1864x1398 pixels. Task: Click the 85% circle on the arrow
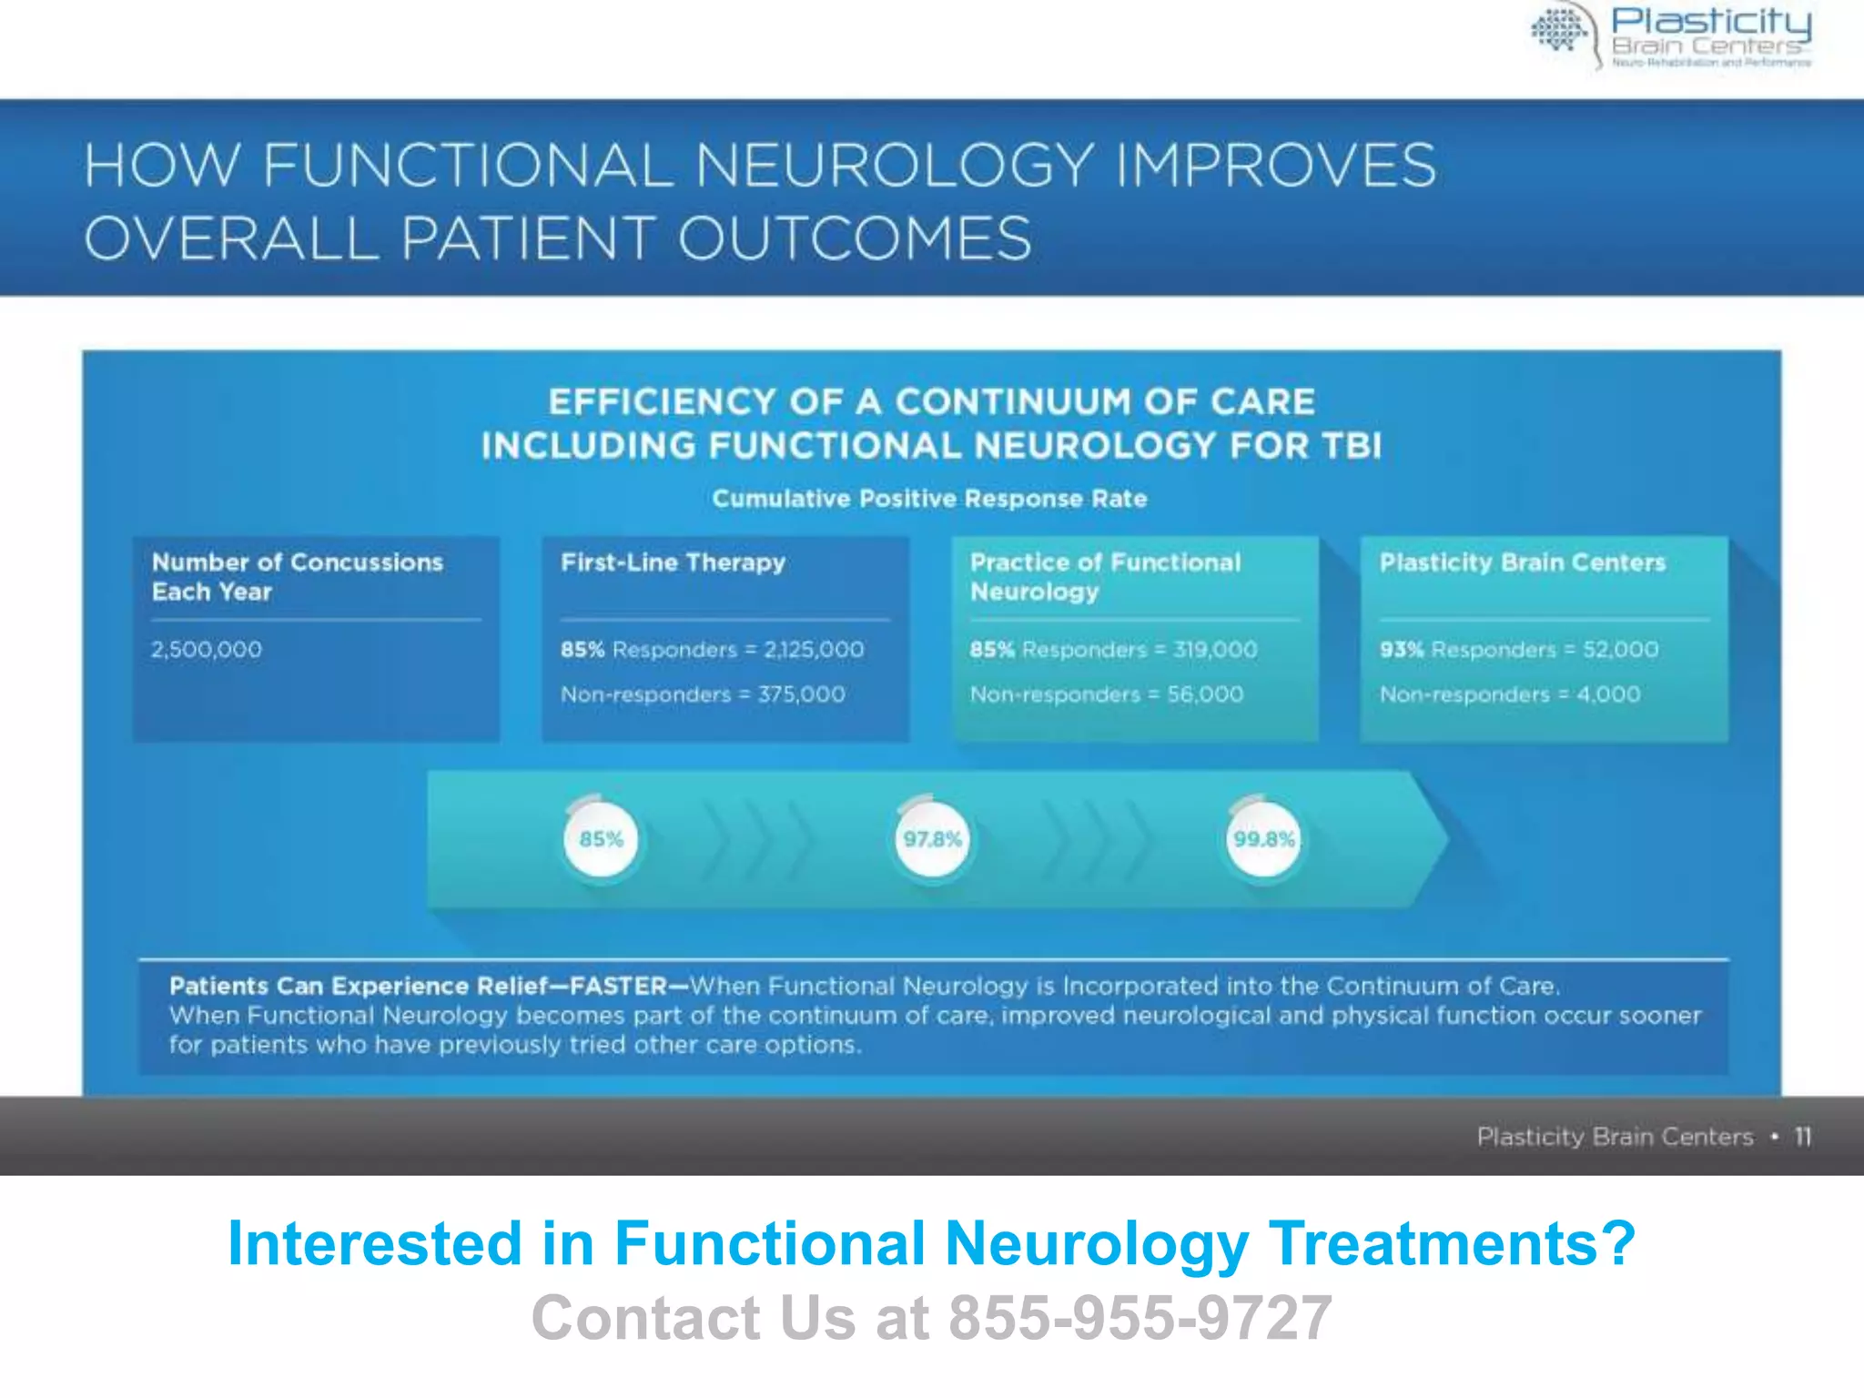click(x=601, y=839)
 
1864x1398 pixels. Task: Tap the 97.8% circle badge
click(x=932, y=839)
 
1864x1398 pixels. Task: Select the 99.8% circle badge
click(x=1263, y=839)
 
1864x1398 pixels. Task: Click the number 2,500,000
click(x=207, y=650)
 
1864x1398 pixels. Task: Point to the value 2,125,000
click(x=814, y=650)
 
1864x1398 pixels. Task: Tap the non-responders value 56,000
click(x=1205, y=694)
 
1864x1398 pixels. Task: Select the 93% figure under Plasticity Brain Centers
click(x=1401, y=650)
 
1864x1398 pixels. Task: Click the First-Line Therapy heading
click(x=673, y=562)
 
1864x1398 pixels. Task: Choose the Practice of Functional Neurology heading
click(x=1105, y=577)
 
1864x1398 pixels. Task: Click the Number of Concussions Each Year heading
click(x=297, y=577)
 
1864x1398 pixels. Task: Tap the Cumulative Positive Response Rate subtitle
click(x=929, y=499)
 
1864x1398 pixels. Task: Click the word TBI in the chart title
click(x=1352, y=446)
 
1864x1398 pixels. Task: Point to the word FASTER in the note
click(x=619, y=987)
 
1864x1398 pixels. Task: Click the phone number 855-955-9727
click(x=1140, y=1318)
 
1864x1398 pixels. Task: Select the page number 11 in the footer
click(x=1802, y=1137)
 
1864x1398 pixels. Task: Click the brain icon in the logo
click(x=1559, y=31)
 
